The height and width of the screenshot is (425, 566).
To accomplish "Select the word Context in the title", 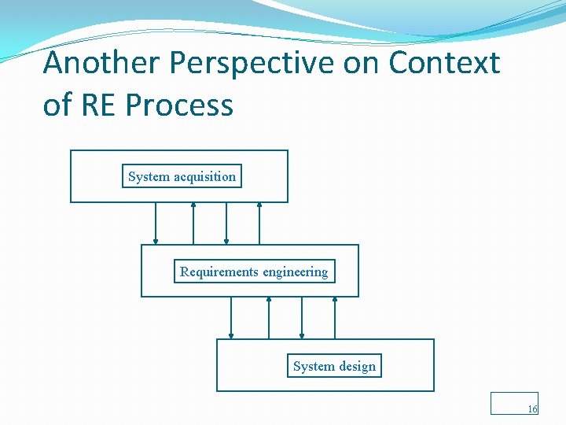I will [x=443, y=63].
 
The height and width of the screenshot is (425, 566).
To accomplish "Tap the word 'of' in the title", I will [x=57, y=105].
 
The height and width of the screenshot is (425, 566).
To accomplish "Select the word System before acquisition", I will [x=149, y=176].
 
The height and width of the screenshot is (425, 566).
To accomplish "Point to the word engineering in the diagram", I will [x=296, y=272].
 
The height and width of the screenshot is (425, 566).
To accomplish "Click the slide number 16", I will [x=532, y=409].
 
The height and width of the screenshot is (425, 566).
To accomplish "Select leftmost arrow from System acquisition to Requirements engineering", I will [x=156, y=224].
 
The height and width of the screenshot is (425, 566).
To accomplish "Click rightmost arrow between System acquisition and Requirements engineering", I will [x=259, y=224].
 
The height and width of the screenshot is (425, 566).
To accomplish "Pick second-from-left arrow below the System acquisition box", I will [x=193, y=224].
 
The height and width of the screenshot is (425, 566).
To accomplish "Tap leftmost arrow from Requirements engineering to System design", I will [x=231, y=318].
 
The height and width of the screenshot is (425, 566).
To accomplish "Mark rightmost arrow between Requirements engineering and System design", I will [x=335, y=318].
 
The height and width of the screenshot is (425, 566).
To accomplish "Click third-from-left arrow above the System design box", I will [x=302, y=318].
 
